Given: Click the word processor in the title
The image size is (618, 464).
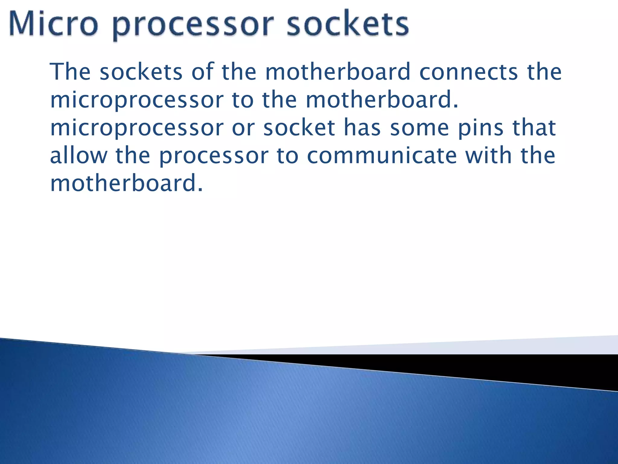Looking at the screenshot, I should (x=193, y=25).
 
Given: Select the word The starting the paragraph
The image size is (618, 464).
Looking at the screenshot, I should (x=70, y=72).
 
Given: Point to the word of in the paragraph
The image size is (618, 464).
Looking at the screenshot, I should (x=202, y=72).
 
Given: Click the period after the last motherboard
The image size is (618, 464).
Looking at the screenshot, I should (x=200, y=190).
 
